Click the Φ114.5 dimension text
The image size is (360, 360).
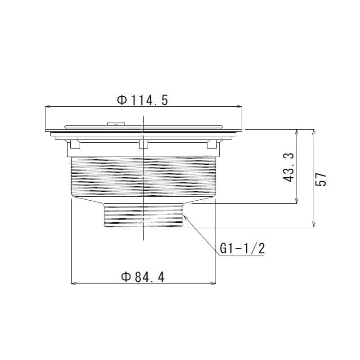coord(143,100)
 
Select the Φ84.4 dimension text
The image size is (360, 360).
coord(143,277)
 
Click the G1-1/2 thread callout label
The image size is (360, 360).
coord(241,248)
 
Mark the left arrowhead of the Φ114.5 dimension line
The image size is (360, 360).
coord(47,107)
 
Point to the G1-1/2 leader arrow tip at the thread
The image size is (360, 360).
coord(184,216)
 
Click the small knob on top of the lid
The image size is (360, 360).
coord(116,122)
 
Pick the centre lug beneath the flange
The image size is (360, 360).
coord(144,144)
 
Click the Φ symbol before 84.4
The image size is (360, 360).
coord(126,277)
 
